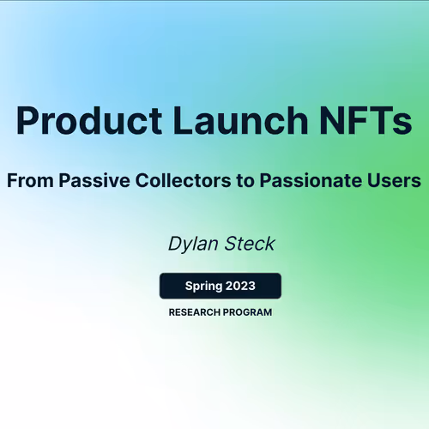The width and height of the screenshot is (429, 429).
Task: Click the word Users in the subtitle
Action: point(398,181)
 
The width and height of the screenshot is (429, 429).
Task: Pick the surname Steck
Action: point(249,245)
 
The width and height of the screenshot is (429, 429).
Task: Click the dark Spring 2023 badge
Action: point(221,285)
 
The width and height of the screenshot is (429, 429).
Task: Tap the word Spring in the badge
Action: point(203,286)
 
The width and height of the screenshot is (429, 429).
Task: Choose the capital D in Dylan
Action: point(175,244)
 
